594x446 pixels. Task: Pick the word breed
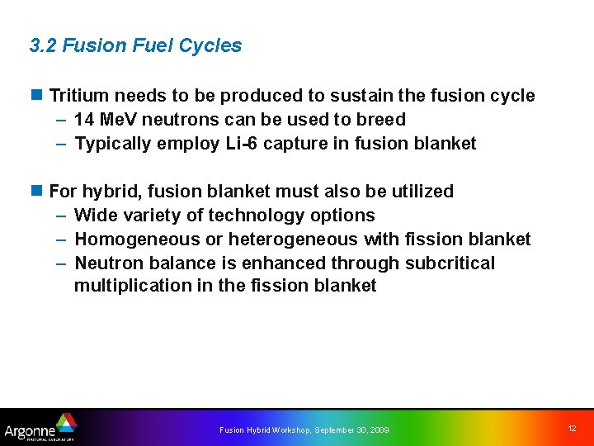382,120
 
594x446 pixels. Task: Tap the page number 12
572,429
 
